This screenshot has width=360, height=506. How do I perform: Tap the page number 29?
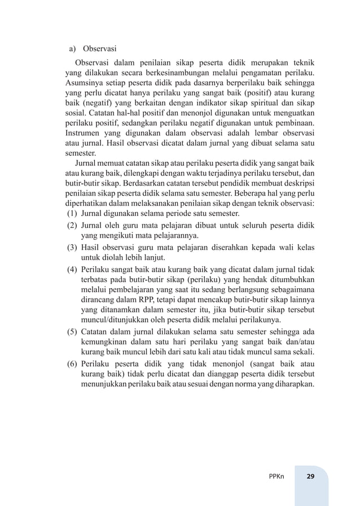point(310,476)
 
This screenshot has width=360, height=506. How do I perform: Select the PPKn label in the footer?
point(276,476)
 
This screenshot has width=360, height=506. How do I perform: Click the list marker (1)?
point(72,214)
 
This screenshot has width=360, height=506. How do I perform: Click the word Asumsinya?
point(84,82)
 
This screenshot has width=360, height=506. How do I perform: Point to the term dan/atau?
point(300,342)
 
